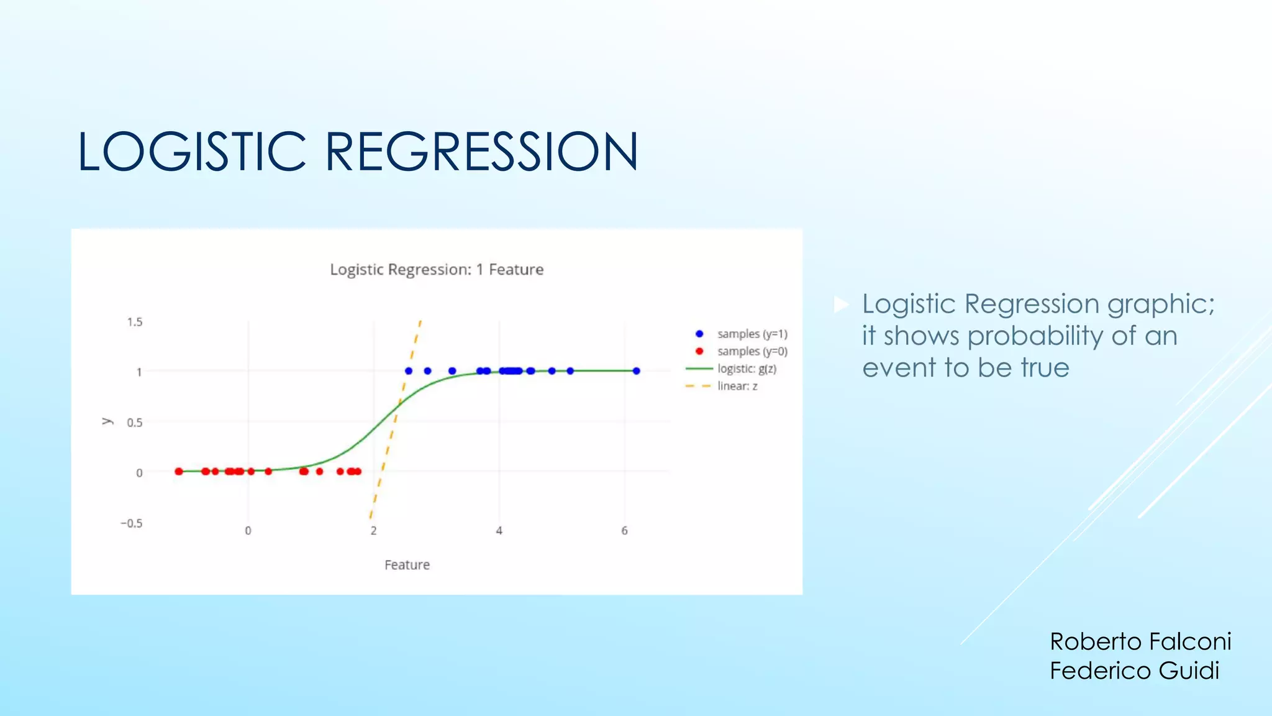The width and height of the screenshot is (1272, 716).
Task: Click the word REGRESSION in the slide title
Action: tap(481, 152)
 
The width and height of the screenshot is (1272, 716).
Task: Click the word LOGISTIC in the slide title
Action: tap(192, 152)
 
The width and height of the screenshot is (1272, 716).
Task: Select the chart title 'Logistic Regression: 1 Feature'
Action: tap(437, 270)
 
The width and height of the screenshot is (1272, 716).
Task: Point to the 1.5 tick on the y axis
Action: tap(135, 322)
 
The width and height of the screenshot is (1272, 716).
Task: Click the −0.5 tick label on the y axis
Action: tap(132, 523)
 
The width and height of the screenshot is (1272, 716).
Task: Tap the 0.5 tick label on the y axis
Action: tap(135, 423)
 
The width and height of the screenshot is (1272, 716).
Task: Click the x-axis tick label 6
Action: tap(624, 531)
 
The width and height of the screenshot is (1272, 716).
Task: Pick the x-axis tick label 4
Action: tap(499, 531)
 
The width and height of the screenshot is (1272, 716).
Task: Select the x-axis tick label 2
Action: tap(373, 531)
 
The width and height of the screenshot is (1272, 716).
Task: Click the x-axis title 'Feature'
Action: tap(407, 565)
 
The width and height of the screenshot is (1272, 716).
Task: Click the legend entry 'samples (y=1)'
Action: tap(752, 334)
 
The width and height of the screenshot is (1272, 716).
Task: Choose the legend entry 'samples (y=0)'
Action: tap(752, 352)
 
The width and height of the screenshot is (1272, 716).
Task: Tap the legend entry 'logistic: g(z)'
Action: tap(747, 369)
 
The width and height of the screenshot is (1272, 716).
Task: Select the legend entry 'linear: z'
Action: tap(737, 387)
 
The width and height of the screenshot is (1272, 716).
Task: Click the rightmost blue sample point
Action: tap(636, 371)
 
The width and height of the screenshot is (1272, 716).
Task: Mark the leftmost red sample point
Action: tap(179, 472)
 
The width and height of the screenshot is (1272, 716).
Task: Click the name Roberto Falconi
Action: tap(1140, 641)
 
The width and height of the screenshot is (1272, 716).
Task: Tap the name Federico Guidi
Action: tap(1134, 671)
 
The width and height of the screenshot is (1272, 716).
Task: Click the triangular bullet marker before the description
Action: tap(841, 305)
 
